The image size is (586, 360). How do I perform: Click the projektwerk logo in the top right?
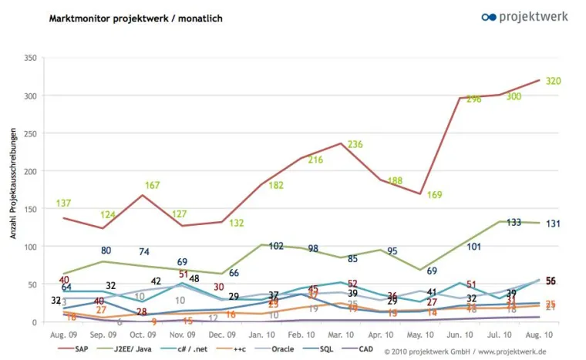[x=524, y=16]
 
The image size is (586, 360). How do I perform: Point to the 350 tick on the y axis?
[x=31, y=58]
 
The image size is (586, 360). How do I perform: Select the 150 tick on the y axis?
[x=31, y=209]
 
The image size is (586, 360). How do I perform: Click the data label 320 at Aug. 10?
[x=553, y=81]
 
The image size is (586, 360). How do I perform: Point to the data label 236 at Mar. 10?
[x=355, y=144]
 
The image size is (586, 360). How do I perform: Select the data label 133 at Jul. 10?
[x=514, y=223]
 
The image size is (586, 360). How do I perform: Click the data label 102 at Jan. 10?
[x=276, y=247]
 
